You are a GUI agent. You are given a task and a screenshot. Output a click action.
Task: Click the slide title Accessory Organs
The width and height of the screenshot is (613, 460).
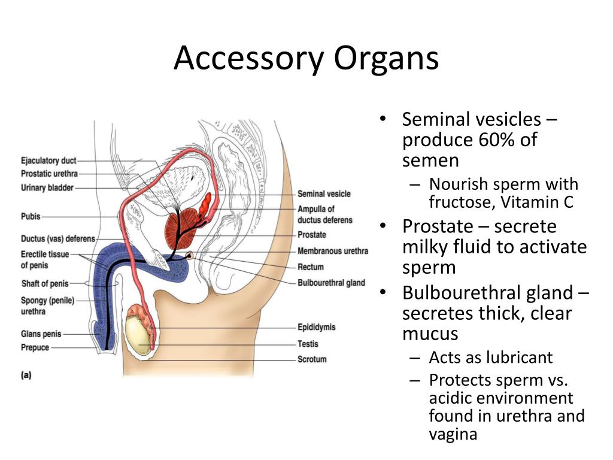(306, 59)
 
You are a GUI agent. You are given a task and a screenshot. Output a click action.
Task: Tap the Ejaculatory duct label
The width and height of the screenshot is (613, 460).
(48, 161)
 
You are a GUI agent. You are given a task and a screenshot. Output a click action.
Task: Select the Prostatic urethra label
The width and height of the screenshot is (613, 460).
(49, 174)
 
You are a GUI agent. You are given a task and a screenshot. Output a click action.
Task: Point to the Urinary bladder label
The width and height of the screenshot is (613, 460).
(47, 187)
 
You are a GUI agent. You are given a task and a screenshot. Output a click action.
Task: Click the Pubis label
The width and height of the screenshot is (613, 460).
(31, 216)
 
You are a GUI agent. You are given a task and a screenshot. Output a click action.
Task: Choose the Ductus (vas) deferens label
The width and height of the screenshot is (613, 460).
(58, 239)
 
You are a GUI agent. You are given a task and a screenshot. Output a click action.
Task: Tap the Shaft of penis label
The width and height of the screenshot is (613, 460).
(45, 283)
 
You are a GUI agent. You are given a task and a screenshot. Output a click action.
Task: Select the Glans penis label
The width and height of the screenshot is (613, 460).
(41, 334)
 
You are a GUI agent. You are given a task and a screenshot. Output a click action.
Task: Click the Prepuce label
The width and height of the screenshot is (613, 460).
(35, 347)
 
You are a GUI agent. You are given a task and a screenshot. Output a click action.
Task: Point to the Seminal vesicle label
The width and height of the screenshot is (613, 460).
(324, 194)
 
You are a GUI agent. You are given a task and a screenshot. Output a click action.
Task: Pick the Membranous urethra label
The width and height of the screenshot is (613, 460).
(333, 251)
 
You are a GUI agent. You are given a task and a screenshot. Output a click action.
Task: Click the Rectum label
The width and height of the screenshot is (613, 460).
(311, 267)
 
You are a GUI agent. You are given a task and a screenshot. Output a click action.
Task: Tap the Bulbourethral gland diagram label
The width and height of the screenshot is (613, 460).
(331, 283)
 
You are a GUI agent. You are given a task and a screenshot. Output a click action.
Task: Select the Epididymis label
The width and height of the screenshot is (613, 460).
(317, 328)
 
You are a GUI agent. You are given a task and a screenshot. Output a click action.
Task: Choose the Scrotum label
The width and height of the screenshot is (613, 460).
(312, 359)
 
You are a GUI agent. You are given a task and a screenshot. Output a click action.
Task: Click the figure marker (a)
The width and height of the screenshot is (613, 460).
(26, 376)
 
